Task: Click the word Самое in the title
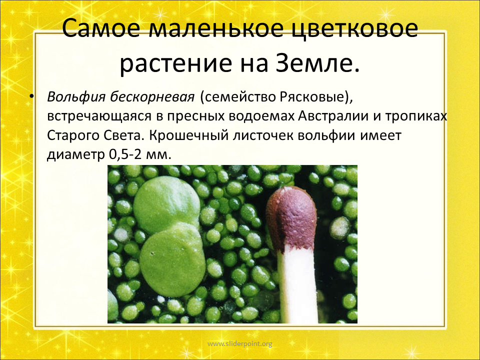tap(101, 28)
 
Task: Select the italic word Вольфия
tap(76, 97)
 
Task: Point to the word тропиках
tap(415, 116)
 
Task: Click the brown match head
tap(291, 217)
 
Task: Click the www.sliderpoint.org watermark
tap(239, 344)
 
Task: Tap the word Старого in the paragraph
tap(73, 136)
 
